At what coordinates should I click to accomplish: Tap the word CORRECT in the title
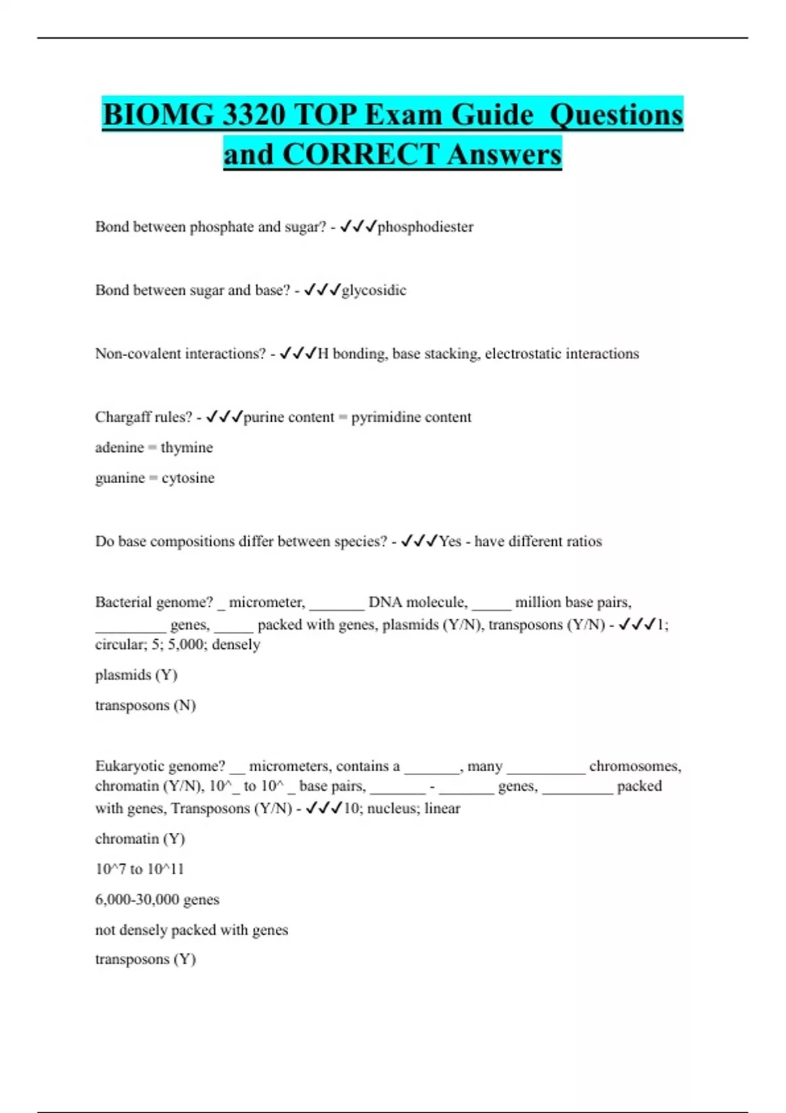(x=360, y=155)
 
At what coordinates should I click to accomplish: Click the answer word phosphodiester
(x=425, y=227)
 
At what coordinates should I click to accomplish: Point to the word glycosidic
(x=374, y=290)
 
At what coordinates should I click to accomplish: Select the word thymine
(x=187, y=448)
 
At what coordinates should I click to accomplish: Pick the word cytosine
(x=188, y=478)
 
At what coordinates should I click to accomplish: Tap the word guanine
(x=120, y=478)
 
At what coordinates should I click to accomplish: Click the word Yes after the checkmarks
(x=450, y=541)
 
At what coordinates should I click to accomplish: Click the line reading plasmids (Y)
(x=136, y=675)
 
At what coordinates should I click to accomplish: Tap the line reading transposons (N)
(x=145, y=705)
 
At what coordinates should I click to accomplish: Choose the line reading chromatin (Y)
(x=140, y=839)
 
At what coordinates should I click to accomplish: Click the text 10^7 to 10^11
(x=140, y=869)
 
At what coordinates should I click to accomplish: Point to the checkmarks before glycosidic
(x=322, y=289)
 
